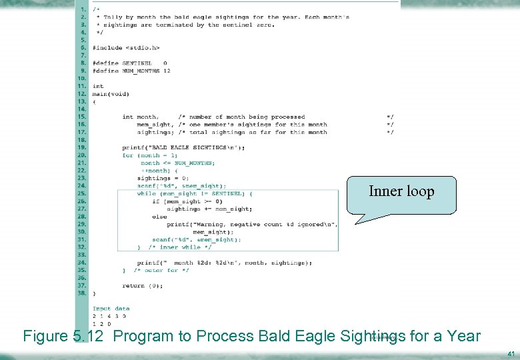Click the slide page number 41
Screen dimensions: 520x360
pos(511,353)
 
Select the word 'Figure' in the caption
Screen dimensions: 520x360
pos(45,336)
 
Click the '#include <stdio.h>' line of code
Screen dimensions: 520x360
pos(126,48)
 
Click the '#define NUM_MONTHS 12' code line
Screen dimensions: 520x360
pos(131,71)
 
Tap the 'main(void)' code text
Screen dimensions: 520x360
pos(111,94)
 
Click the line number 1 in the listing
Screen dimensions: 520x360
pos(83,9)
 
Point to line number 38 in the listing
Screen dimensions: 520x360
pos(82,293)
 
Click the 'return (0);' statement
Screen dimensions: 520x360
pos(143,285)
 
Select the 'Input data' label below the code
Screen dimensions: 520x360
pos(111,309)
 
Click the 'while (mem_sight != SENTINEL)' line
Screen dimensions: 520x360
pos(195,193)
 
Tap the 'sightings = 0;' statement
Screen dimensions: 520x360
pos(163,178)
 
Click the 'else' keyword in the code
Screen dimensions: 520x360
pos(159,217)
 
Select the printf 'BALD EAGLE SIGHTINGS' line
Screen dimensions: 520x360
pos(183,147)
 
